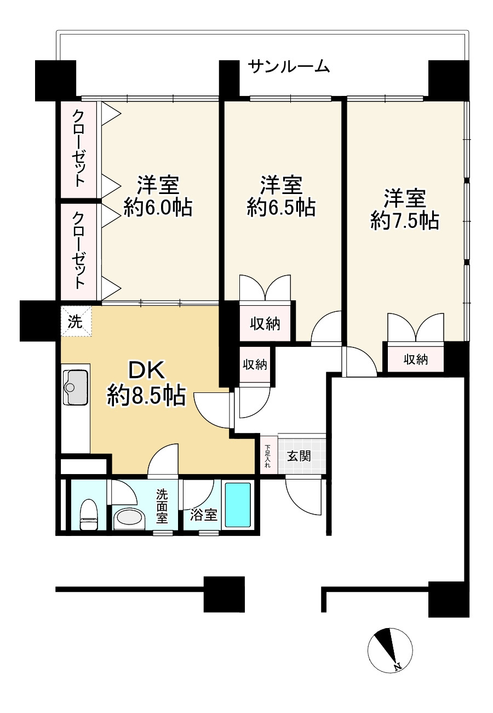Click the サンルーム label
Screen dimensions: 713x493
pyautogui.click(x=289, y=67)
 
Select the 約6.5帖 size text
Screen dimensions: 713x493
pyautogui.click(x=281, y=207)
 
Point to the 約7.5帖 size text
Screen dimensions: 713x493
pyautogui.click(x=405, y=220)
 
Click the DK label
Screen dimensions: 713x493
pyautogui.click(x=146, y=372)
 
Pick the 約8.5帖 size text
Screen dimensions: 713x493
pyautogui.click(x=146, y=395)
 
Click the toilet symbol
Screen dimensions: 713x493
pyautogui.click(x=89, y=515)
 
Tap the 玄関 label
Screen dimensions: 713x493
pyautogui.click(x=300, y=455)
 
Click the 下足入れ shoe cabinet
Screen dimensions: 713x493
pyautogui.click(x=268, y=455)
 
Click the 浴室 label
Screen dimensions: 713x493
pyautogui.click(x=204, y=515)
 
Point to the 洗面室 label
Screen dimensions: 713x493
pyautogui.click(x=162, y=505)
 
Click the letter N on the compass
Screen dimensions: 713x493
pyautogui.click(x=398, y=666)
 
